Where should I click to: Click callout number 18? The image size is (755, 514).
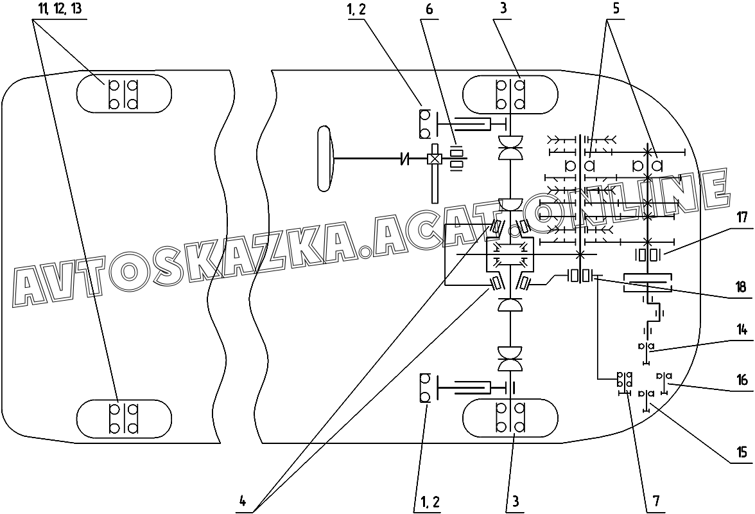coord(742,287)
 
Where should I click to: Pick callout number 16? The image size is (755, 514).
coord(742,380)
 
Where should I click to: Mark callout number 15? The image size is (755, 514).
coord(742,452)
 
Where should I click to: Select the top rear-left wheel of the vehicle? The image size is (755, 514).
coord(124,94)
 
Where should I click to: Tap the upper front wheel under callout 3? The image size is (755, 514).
coord(510,94)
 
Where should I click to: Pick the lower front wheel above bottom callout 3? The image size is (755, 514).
coord(510,417)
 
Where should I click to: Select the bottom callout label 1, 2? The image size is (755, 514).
coord(430,501)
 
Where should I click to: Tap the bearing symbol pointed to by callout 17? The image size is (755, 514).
coord(647,254)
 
